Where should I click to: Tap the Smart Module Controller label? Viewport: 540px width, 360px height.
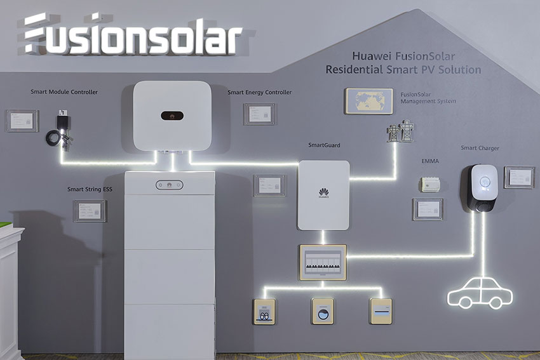[x=64, y=92]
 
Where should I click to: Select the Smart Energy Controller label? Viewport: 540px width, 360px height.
[x=259, y=93]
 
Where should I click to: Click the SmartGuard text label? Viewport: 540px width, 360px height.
[x=324, y=145]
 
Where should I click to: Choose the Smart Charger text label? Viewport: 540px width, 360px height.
[x=480, y=149]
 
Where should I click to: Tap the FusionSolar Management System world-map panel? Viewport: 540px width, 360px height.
[x=369, y=102]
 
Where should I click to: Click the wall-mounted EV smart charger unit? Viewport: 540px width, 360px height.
[x=483, y=187]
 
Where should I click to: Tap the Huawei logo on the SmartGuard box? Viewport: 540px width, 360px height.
[x=323, y=192]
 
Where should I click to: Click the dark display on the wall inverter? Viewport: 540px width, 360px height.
[x=172, y=116]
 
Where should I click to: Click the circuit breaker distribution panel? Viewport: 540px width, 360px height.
[x=323, y=262]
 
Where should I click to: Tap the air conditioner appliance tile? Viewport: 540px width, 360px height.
[x=381, y=311]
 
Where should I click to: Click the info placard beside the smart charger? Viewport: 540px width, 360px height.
[x=519, y=177]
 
